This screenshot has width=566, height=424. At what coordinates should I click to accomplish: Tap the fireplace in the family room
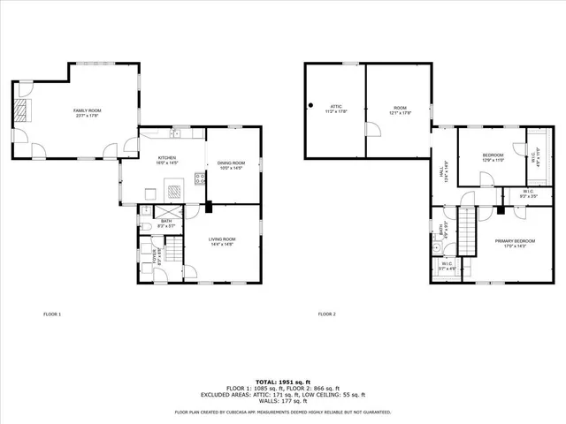click(x=24, y=110)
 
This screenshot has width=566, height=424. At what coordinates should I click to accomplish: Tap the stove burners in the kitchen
click(x=200, y=177)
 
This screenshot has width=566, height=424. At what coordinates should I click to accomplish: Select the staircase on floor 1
click(x=175, y=257)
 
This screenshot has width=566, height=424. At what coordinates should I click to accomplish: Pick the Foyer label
click(x=160, y=257)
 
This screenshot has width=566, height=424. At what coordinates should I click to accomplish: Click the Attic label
click(x=336, y=109)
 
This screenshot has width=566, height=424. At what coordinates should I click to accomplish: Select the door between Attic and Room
click(x=373, y=131)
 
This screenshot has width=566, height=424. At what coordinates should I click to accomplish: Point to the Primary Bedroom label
click(x=515, y=243)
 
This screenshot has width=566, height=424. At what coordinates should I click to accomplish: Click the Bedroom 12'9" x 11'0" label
click(x=493, y=157)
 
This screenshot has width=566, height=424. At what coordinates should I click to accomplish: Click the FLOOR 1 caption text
click(x=52, y=314)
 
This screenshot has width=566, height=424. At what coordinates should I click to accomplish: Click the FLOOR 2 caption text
click(x=327, y=314)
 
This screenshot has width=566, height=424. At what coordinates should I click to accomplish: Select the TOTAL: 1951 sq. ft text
click(x=283, y=380)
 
